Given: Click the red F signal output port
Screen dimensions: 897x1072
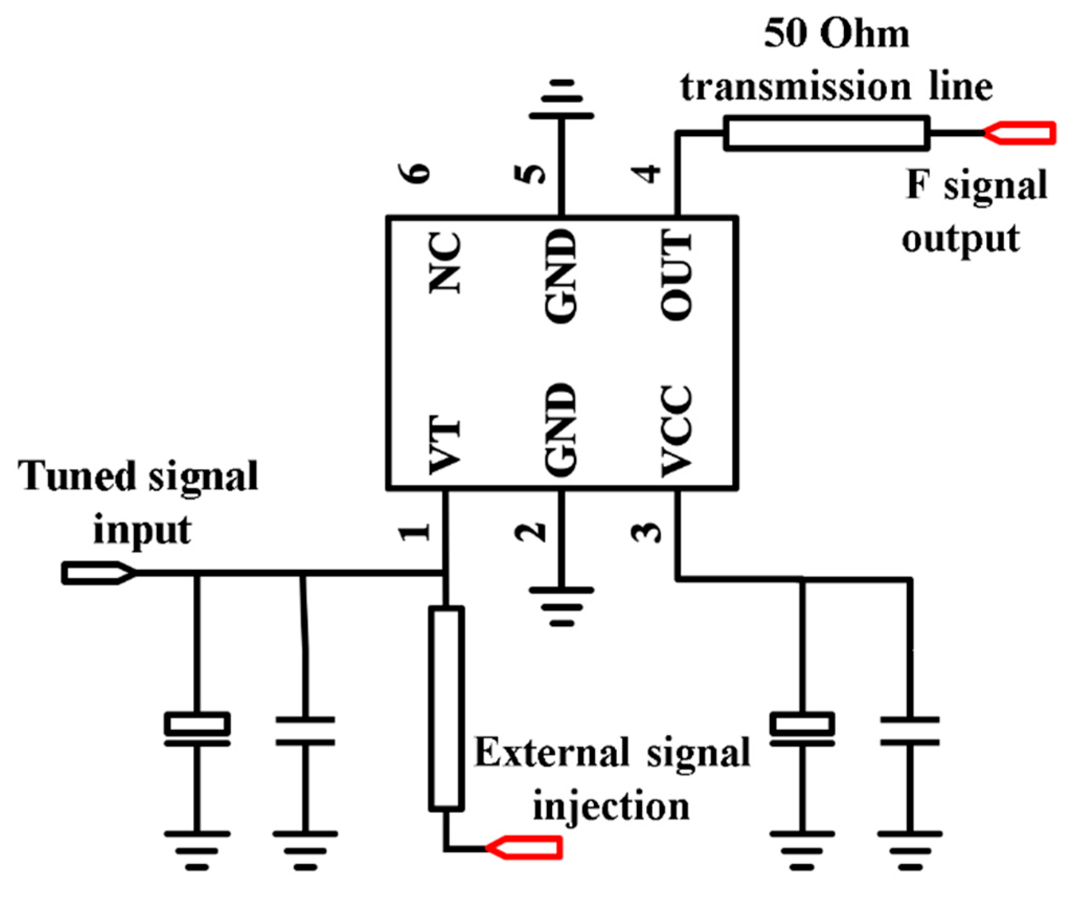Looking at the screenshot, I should [1020, 133].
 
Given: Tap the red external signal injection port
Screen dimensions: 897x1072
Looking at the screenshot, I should [525, 847].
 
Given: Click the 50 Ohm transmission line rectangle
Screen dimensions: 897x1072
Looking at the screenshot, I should [826, 133].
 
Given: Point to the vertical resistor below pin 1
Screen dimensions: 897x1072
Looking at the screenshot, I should [446, 709].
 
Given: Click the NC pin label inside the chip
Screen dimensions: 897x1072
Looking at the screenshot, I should [445, 263].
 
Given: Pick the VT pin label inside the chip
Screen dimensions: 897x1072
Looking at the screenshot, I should [445, 445].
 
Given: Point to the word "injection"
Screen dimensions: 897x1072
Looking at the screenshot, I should [611, 806].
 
